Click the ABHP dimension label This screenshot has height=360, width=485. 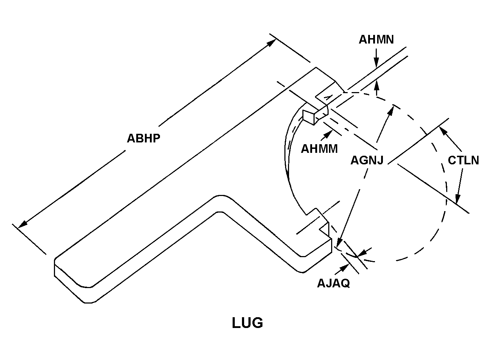(x=143, y=138)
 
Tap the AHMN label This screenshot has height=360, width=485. (x=376, y=39)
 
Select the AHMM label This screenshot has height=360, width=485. (x=319, y=148)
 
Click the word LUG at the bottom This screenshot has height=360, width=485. (x=247, y=323)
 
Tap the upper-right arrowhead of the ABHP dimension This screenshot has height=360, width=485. (x=272, y=42)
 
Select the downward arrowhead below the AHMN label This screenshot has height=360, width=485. (x=376, y=65)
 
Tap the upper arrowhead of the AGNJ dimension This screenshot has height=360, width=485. (x=391, y=108)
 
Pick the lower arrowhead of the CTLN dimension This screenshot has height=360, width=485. (x=457, y=201)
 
